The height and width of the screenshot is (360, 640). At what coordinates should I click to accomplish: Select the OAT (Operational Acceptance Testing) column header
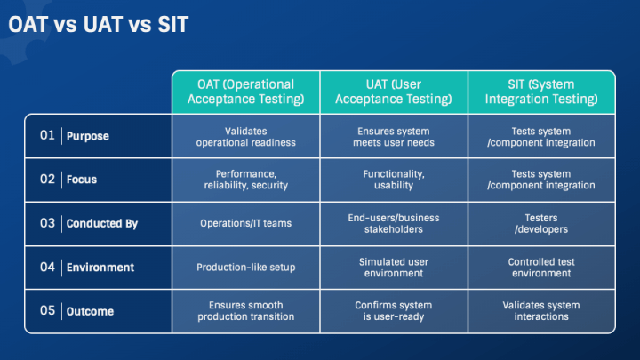point(245,92)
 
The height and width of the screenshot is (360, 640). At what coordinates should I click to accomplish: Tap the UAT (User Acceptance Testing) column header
point(394,92)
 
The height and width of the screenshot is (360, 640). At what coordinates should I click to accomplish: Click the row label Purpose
point(87,136)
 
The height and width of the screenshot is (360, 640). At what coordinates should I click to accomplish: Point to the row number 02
point(48,179)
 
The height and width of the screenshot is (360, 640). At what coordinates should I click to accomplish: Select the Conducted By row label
point(101,223)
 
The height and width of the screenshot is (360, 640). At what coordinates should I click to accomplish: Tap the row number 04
point(48,267)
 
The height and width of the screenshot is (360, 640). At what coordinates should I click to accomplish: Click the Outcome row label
point(90,311)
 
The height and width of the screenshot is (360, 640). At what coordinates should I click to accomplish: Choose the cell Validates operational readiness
point(245,136)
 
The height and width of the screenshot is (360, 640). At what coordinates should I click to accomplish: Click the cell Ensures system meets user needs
point(394,136)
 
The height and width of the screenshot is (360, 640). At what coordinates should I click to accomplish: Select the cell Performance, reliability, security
point(245,180)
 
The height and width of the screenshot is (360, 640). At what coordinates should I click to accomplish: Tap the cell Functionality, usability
point(394,180)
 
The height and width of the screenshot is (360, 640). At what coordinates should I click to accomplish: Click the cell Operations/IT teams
point(245,224)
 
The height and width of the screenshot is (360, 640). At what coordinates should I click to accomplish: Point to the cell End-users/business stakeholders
point(394,223)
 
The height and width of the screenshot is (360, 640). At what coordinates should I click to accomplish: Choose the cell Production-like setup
point(245,268)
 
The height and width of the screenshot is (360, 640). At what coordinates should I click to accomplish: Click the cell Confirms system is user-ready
point(394,311)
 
